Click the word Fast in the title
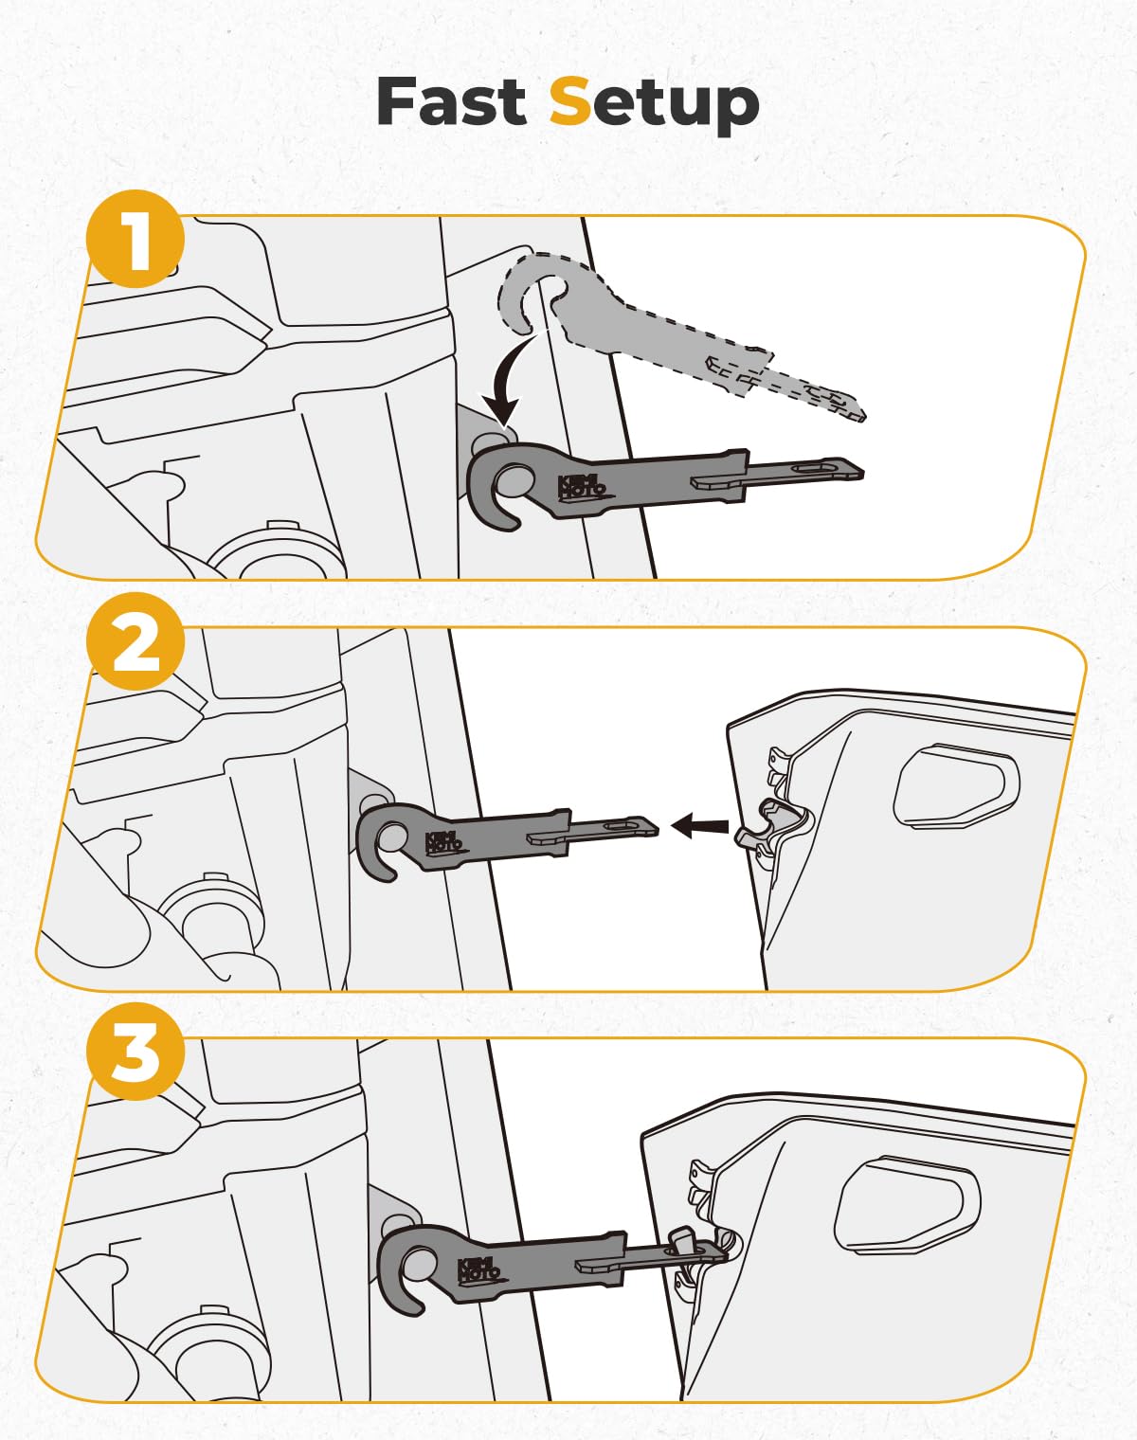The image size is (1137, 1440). [x=451, y=101]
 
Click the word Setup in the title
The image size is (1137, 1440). [x=654, y=103]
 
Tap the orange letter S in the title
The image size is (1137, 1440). [x=570, y=101]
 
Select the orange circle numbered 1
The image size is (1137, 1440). [x=135, y=239]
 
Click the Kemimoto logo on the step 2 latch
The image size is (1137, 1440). [x=443, y=841]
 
